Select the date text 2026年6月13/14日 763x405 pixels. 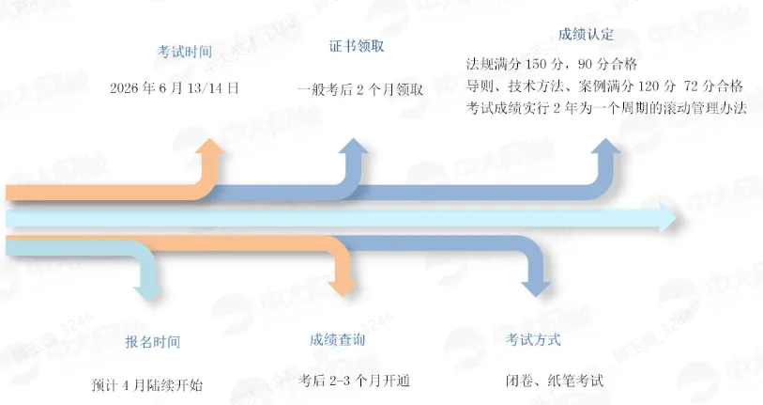coord(175,88)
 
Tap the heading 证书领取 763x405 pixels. coord(357,46)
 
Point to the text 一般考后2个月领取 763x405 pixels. coord(360,89)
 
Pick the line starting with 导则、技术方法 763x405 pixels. coord(604,86)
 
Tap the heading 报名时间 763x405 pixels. coord(152,342)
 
